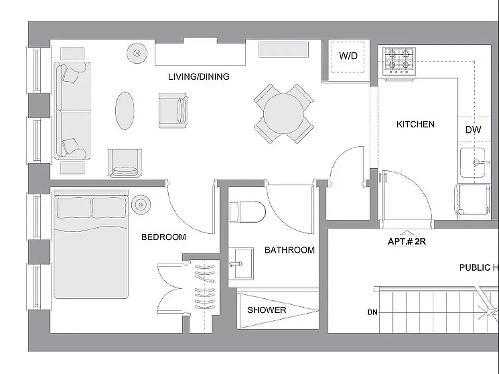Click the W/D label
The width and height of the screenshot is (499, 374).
348,57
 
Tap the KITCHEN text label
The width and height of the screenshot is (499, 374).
415,124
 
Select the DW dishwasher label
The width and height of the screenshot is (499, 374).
473,130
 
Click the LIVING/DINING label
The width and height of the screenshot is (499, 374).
199,77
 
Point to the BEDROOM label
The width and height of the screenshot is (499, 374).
164,237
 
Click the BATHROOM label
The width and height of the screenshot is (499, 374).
289,250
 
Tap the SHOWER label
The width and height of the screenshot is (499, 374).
266,310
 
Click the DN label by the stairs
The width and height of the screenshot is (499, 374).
372,312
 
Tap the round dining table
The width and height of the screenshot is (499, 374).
284,114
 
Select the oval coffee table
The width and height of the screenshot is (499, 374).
125,111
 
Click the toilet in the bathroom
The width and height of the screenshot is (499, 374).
248,212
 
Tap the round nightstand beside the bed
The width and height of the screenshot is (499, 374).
141,204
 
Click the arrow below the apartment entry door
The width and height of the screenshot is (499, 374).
407,233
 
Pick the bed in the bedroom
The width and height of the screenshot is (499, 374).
91,245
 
